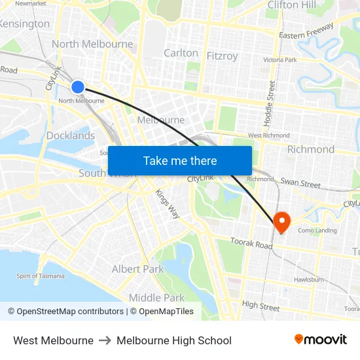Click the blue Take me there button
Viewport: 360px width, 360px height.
pos(180,160)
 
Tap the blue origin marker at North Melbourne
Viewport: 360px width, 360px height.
pos(77,86)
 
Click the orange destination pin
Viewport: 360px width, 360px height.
pos(281,221)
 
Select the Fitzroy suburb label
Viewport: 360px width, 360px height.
pos(222,56)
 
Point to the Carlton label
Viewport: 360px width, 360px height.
pos(181,53)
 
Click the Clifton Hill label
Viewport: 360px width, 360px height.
pos(291,5)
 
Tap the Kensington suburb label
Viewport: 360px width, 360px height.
pos(25,24)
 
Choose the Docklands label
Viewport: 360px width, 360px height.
pos(71,135)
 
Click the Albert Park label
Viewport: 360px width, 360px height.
pos(137,269)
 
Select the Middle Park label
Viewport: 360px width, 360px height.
pos(156,298)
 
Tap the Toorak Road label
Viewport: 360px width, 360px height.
pos(251,244)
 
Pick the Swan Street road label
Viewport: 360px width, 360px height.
pos(300,183)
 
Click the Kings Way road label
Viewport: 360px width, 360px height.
pos(167,204)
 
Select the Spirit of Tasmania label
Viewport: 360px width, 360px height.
pos(41,276)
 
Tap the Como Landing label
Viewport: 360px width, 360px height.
pos(317,230)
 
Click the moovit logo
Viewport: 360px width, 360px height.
pos(320,340)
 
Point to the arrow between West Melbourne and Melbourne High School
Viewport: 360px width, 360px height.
pos(105,340)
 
